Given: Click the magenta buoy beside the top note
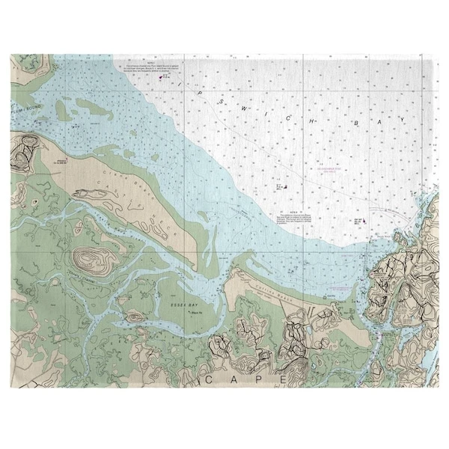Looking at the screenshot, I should [x=160, y=76].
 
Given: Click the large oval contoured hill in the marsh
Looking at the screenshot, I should [x=92, y=259].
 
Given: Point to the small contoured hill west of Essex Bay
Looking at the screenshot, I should [x=135, y=316].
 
